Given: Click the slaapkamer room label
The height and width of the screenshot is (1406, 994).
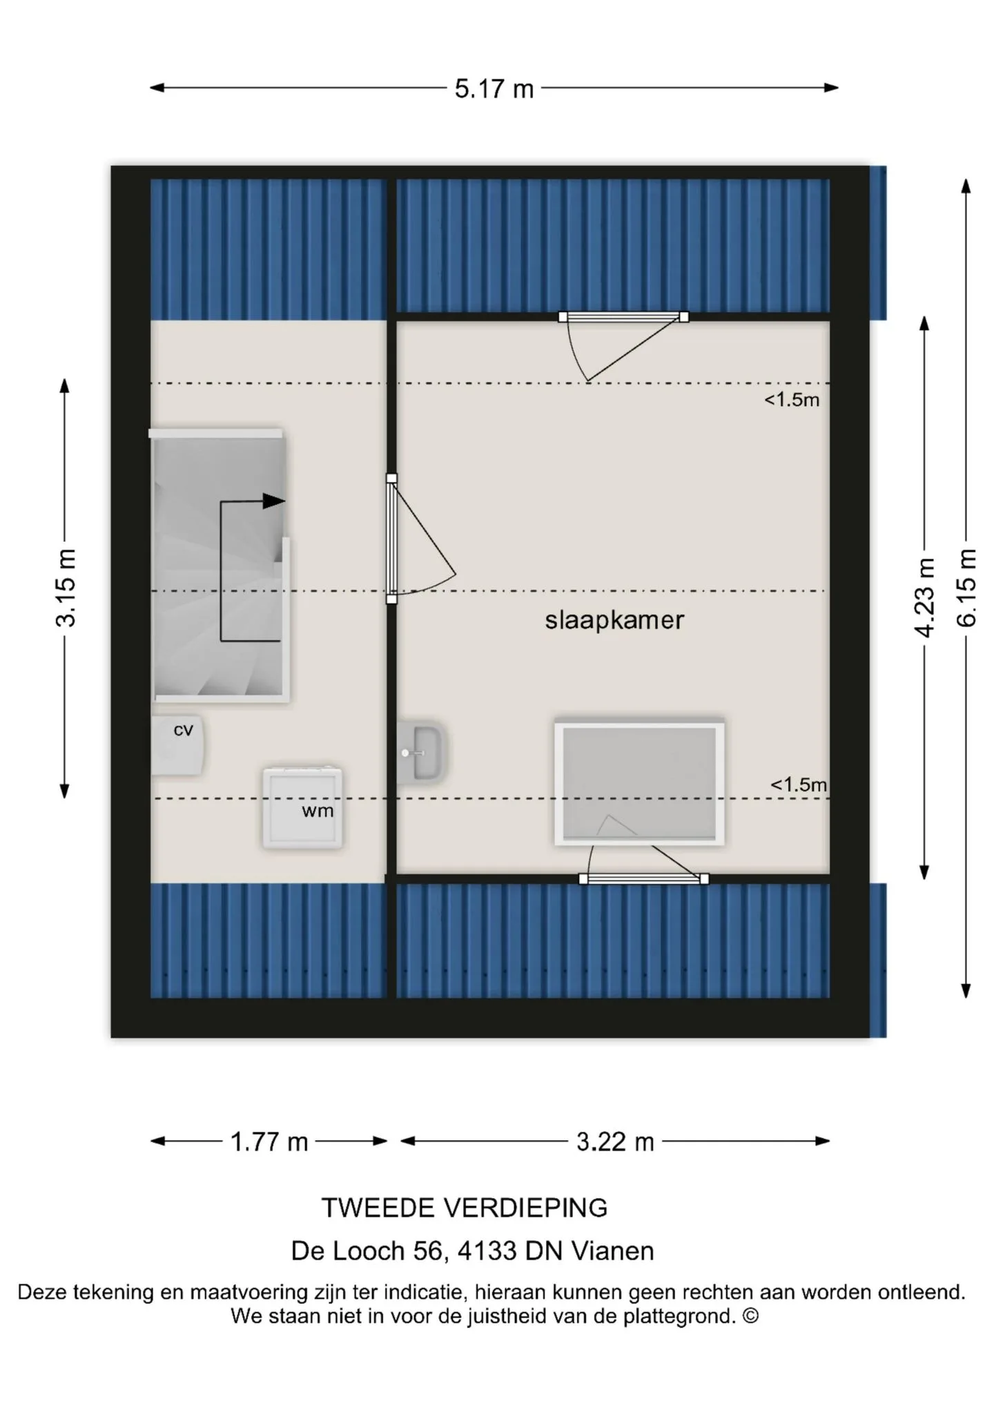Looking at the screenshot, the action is click(x=614, y=620).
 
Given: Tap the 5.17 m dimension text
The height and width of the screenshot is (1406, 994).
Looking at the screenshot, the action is click(x=494, y=89).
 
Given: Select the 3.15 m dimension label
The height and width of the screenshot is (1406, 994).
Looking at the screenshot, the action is click(x=66, y=588).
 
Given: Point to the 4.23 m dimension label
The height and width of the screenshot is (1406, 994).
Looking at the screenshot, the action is click(x=924, y=597).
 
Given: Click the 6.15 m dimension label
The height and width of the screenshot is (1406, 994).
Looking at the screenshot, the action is click(x=966, y=588).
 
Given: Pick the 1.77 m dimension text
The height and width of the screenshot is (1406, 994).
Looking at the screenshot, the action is click(x=269, y=1142).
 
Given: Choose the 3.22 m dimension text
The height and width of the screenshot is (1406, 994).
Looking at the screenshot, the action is click(x=615, y=1142).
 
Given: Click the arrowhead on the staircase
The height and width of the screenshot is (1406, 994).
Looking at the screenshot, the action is click(x=274, y=501).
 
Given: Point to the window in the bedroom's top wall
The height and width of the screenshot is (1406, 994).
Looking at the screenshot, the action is click(x=623, y=317).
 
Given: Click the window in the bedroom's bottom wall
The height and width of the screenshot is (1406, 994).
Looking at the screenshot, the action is click(x=643, y=879).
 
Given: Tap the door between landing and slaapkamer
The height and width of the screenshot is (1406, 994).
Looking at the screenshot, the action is click(x=391, y=539).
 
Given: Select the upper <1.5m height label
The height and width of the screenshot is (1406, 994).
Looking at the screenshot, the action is click(x=792, y=400).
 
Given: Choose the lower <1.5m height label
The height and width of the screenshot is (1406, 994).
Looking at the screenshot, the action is click(x=799, y=785).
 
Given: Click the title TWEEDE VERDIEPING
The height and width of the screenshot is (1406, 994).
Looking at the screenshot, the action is click(x=465, y=1208).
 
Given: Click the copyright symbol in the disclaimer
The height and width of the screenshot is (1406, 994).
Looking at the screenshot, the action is click(x=750, y=1316).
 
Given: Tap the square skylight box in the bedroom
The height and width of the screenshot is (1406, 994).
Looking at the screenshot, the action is click(x=639, y=784).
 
